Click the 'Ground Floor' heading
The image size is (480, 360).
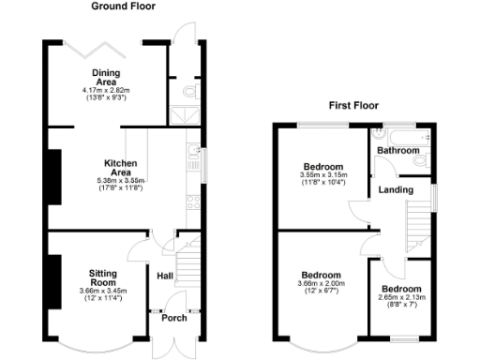(x=124, y=7)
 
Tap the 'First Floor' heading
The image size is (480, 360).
(x=353, y=106)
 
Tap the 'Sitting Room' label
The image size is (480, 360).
(x=102, y=277)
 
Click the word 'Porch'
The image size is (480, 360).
(x=172, y=315)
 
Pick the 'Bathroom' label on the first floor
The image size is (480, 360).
(x=397, y=150)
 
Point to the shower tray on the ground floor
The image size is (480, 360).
(x=179, y=114)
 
